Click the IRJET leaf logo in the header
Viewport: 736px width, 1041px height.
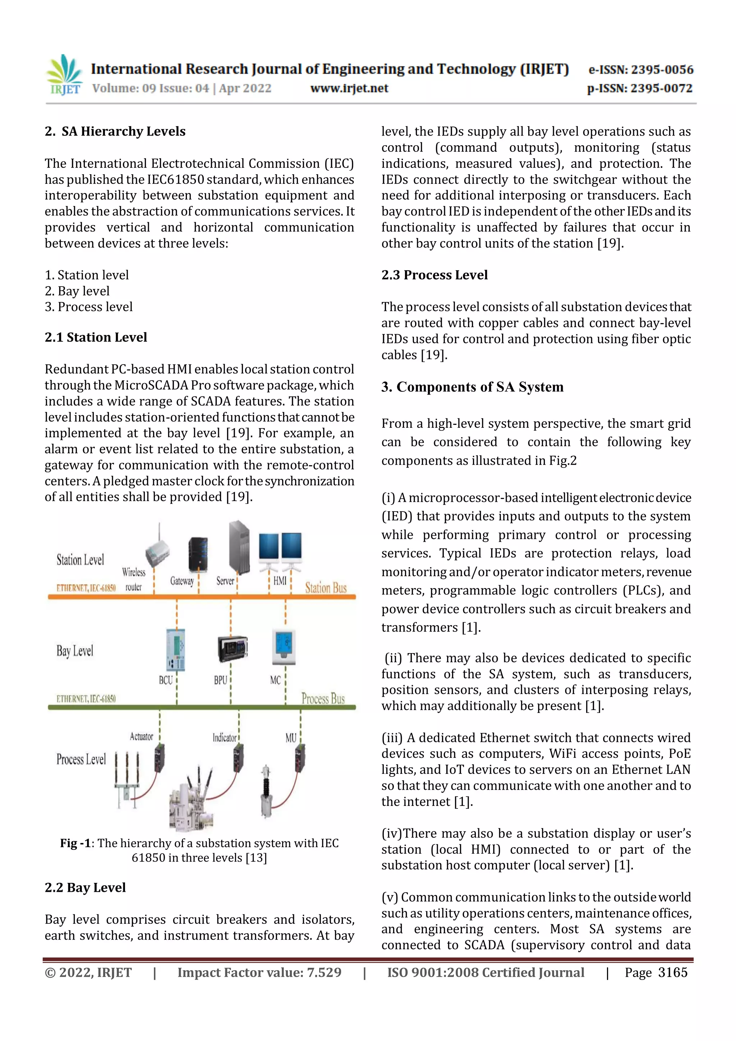pyautogui.click(x=64, y=74)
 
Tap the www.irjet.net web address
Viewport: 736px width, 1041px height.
pyautogui.click(x=349, y=88)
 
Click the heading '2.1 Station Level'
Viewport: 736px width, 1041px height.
pyautogui.click(x=96, y=337)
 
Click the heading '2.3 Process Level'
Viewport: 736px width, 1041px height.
pyautogui.click(x=434, y=275)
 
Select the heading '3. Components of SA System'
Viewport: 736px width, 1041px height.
pyautogui.click(x=472, y=387)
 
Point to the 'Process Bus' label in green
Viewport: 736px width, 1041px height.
pyautogui.click(x=323, y=699)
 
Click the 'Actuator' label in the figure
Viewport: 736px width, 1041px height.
pyautogui.click(x=141, y=737)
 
